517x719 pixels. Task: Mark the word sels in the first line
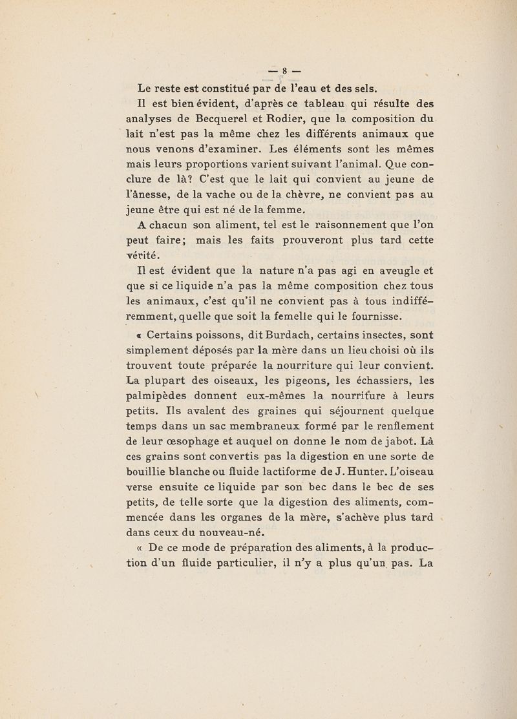pyautogui.click(x=372, y=88)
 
